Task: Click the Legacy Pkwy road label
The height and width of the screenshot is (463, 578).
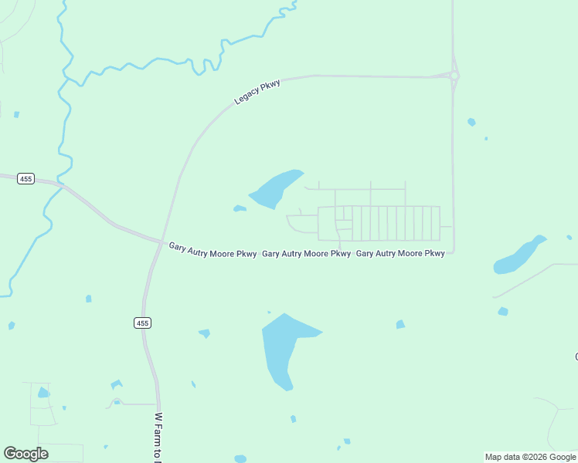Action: pyautogui.click(x=257, y=93)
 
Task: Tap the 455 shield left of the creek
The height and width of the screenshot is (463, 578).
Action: pyautogui.click(x=26, y=179)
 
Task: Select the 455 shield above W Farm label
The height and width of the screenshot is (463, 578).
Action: pyautogui.click(x=141, y=323)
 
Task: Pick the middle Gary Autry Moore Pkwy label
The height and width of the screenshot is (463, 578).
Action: pyautogui.click(x=306, y=253)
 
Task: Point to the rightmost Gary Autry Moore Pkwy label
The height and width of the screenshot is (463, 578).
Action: pyautogui.click(x=400, y=253)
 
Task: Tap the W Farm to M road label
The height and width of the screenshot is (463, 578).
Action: pyautogui.click(x=158, y=438)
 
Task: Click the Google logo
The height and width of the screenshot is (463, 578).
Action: pyautogui.click(x=26, y=454)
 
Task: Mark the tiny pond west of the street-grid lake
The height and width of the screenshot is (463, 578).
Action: pyautogui.click(x=240, y=208)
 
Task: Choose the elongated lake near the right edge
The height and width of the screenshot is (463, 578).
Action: pyautogui.click(x=518, y=255)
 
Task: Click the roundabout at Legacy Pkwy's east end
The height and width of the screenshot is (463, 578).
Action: pyautogui.click(x=454, y=76)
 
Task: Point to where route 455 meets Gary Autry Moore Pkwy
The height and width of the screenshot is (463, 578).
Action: pyautogui.click(x=161, y=242)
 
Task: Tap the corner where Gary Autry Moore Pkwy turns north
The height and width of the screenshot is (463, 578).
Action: pyautogui.click(x=453, y=251)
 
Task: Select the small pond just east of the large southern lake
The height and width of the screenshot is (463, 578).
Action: pyautogui.click(x=400, y=324)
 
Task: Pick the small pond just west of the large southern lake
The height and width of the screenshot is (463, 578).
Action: pyautogui.click(x=205, y=333)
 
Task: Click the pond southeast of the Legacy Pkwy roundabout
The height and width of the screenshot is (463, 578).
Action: pyautogui.click(x=471, y=122)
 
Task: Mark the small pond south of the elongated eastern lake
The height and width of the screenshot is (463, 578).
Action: pyautogui.click(x=503, y=312)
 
